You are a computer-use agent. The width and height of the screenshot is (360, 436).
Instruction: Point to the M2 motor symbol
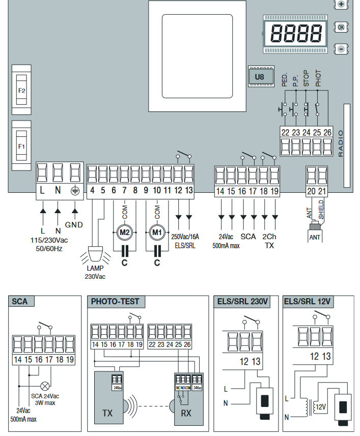pos(124,232)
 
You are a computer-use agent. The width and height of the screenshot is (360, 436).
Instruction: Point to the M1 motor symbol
pos(157,232)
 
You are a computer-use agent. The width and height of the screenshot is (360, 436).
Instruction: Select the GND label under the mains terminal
pos(74,224)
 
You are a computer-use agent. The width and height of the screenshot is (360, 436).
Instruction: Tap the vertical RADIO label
pos(341,143)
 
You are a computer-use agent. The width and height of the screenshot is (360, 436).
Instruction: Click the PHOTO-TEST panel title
pos(115,302)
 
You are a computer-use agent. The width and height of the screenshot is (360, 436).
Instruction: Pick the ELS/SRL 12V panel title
pos(308,302)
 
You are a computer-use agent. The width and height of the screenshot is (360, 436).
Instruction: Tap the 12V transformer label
pos(320,408)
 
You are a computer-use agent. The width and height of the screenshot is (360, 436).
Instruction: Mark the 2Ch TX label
pos(269,241)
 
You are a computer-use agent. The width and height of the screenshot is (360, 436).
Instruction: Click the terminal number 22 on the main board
pos(285,132)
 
